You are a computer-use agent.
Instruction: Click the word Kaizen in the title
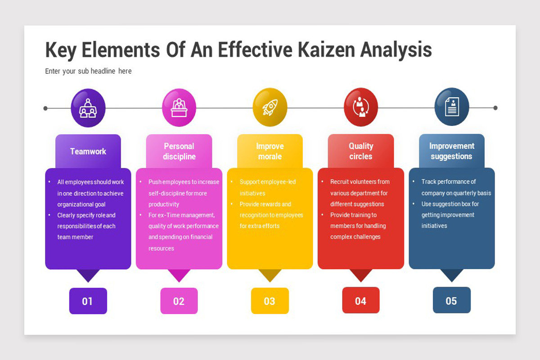tap(326, 49)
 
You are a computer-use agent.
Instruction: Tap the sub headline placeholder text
tap(88, 71)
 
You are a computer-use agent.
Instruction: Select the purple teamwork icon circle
tap(88, 108)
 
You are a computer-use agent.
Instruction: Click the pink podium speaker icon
tap(179, 108)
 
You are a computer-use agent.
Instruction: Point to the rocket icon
tap(270, 107)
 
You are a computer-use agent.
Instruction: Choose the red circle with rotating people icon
tap(361, 107)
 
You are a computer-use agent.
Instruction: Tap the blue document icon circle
tap(452, 107)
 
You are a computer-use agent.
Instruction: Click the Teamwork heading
tap(88, 152)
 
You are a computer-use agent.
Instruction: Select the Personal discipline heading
tap(179, 151)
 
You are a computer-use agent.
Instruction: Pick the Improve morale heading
tap(270, 151)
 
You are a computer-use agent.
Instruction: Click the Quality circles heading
tap(361, 151)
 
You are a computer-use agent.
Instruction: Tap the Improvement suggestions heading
tap(451, 151)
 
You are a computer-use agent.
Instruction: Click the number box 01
tap(88, 301)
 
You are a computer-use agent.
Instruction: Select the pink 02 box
tap(179, 301)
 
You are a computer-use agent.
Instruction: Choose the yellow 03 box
tap(270, 301)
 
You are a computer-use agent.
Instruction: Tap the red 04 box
tap(360, 301)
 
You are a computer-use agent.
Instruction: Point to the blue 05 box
tap(451, 300)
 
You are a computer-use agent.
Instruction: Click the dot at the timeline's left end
tap(45, 108)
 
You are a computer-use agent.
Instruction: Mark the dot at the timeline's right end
tap(495, 108)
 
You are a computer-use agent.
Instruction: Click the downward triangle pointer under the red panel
tap(361, 275)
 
